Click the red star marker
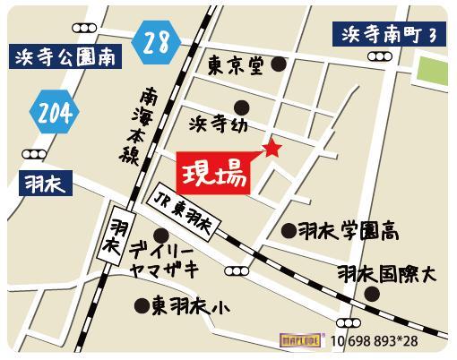(x=271, y=148)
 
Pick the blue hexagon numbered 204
(x=55, y=114)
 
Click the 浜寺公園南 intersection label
(x=65, y=60)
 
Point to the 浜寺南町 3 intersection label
(x=388, y=34)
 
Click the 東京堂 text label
(x=238, y=65)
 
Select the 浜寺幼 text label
(x=214, y=120)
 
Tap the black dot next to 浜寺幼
(x=240, y=109)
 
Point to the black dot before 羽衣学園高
(x=289, y=231)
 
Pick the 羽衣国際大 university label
(x=385, y=272)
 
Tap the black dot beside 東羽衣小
(x=142, y=306)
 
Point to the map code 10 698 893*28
(x=375, y=341)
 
